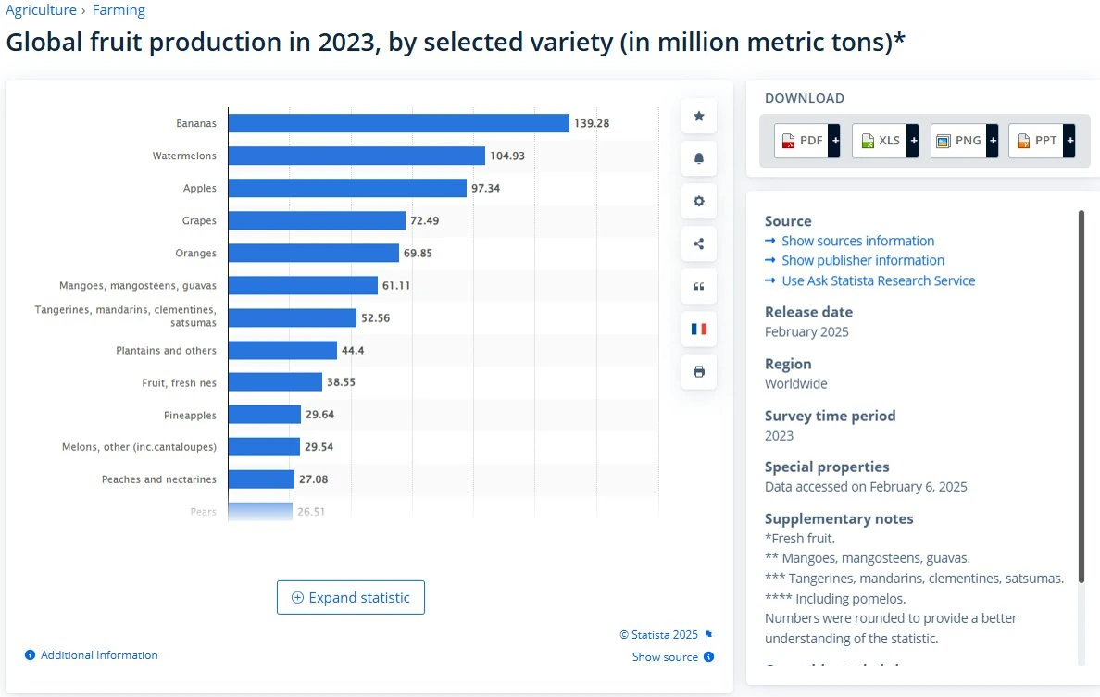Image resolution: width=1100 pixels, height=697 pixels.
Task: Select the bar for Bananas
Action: click(x=398, y=123)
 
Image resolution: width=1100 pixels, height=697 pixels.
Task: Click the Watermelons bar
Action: click(x=356, y=156)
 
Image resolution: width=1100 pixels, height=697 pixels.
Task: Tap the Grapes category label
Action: click(x=199, y=220)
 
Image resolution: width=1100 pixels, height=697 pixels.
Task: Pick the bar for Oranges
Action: click(x=313, y=253)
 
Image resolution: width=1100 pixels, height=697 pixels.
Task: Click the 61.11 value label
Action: click(x=396, y=285)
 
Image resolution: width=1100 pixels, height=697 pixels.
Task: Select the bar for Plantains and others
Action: click(x=282, y=350)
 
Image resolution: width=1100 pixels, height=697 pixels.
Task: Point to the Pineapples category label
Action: click(x=190, y=415)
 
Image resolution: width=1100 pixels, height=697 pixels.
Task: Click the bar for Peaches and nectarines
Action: click(x=261, y=479)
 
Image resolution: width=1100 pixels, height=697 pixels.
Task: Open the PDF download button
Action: click(x=806, y=141)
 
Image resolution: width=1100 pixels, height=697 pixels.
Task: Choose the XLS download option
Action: click(x=884, y=141)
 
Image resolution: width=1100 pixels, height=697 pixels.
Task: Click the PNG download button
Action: click(x=963, y=141)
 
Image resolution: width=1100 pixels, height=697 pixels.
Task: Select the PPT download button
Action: click(x=1041, y=141)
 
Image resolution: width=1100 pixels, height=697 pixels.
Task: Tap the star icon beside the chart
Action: click(x=699, y=116)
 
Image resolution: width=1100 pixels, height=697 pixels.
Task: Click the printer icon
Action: click(x=699, y=371)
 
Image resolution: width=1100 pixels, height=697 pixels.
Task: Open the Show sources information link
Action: click(x=857, y=241)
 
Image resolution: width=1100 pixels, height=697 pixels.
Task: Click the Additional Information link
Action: click(x=98, y=655)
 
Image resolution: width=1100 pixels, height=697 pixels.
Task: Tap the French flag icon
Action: click(x=699, y=329)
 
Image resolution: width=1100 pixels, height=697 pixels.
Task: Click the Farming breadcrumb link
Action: click(x=119, y=10)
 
